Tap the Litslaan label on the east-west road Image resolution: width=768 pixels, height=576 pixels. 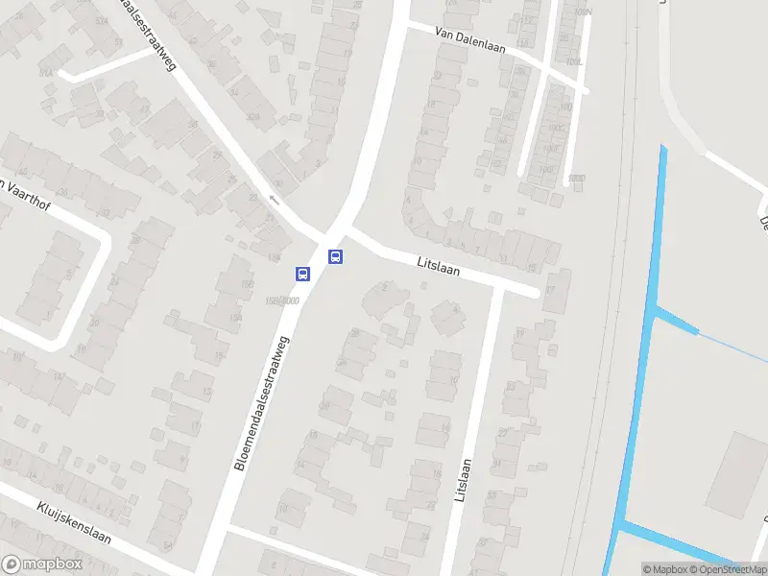(439, 266)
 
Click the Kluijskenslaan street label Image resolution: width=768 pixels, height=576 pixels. (74, 522)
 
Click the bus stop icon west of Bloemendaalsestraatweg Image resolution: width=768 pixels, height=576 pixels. (302, 274)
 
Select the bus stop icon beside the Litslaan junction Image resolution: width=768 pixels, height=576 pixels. (335, 256)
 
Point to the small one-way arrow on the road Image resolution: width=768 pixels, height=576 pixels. (275, 200)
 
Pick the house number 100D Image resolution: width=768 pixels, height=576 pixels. (575, 179)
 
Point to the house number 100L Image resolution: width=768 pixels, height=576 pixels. (573, 62)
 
